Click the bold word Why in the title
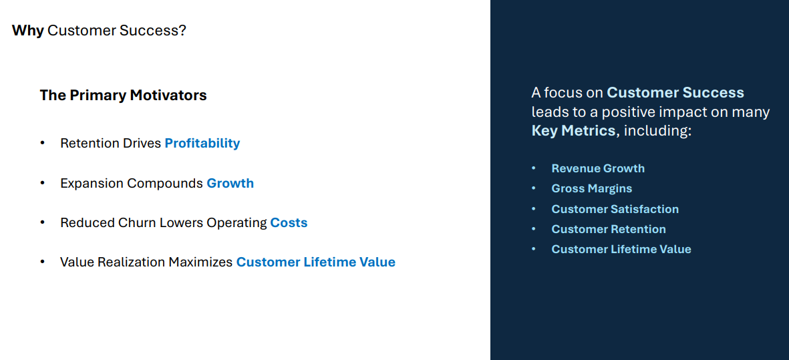(x=27, y=30)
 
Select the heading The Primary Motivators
(x=123, y=96)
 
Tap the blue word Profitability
(x=202, y=143)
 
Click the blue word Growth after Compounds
(x=230, y=183)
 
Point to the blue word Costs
(x=289, y=222)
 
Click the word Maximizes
(x=200, y=262)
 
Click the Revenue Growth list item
(x=598, y=168)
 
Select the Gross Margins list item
(x=591, y=188)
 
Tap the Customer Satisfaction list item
(x=615, y=209)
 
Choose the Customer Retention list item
(x=608, y=229)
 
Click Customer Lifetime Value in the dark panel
(x=621, y=249)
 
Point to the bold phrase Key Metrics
(x=573, y=130)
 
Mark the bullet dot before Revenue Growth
(x=534, y=168)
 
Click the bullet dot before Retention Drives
(x=43, y=143)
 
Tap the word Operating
(x=236, y=222)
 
